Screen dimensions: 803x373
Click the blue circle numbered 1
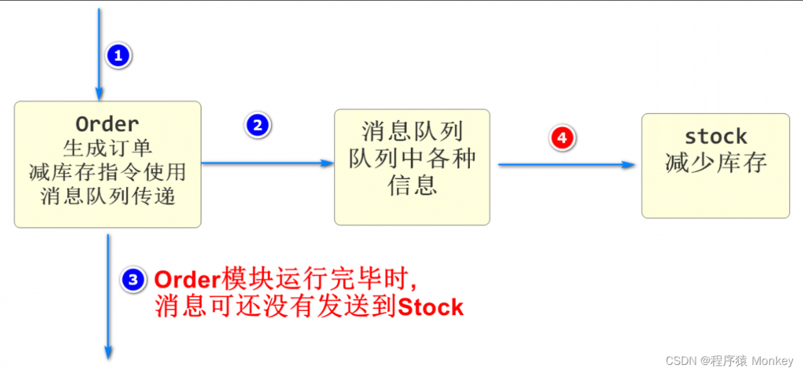coord(119,56)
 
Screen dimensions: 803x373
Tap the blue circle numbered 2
coord(258,126)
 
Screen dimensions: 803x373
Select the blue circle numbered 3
coord(133,280)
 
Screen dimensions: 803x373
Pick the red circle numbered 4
coord(562,138)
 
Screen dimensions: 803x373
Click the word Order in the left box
coord(107,124)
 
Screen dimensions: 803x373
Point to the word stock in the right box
coord(716,137)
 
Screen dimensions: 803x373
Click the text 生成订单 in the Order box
coord(107,148)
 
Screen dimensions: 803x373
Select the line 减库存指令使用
coord(107,172)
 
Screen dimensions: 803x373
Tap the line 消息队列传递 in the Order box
coord(107,196)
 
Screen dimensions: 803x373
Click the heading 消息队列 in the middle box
coord(412,131)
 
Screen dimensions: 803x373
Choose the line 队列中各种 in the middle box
coord(412,158)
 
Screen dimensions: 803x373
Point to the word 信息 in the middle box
coord(412,185)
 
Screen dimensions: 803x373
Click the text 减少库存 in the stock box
coord(716,163)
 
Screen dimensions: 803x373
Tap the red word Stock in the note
coord(430,307)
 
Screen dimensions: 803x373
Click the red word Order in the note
coord(187,280)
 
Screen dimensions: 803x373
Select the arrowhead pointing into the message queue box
coord(327,163)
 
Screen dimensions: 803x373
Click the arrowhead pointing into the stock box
coord(628,165)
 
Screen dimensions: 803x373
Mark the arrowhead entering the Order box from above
coord(99,94)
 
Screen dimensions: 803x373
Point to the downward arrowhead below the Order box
coord(108,353)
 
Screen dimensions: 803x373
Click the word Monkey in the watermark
coord(772,361)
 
